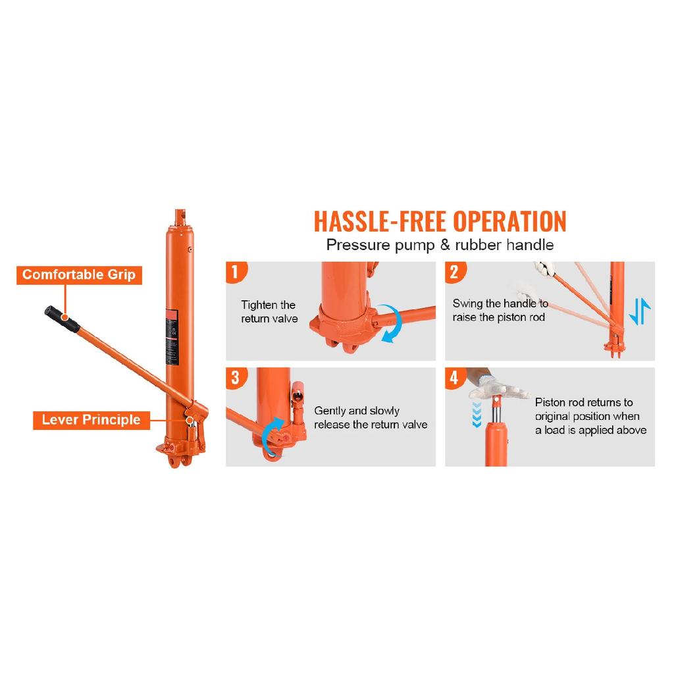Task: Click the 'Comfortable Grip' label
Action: [79, 274]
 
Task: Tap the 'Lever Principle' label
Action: [91, 420]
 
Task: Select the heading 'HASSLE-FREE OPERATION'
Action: [440, 221]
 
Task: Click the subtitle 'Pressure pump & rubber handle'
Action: [440, 245]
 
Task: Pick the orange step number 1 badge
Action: [236, 272]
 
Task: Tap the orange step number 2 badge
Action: [455, 272]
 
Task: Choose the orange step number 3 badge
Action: [236, 378]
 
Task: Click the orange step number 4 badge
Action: [455, 378]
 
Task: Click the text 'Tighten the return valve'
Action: [269, 311]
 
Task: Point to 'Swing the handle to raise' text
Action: [500, 311]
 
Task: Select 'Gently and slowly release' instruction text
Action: [371, 417]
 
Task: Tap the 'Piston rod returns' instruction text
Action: [590, 416]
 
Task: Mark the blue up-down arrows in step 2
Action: [639, 311]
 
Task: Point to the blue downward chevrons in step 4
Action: [477, 415]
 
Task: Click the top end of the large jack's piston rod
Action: [180, 211]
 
